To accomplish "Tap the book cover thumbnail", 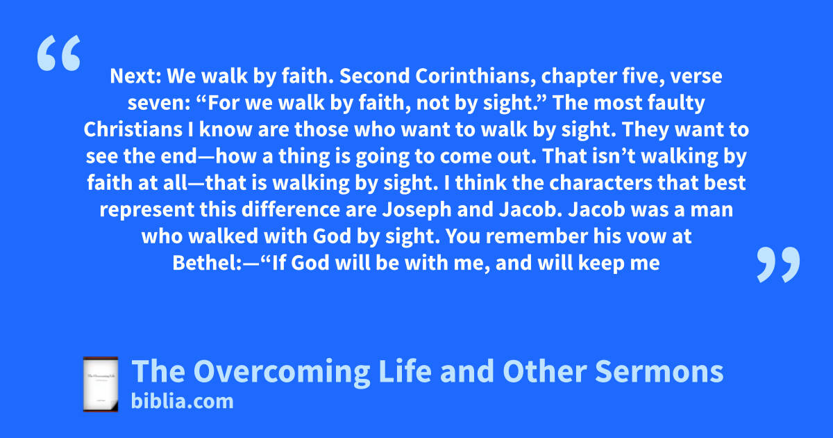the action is pyautogui.click(x=101, y=384).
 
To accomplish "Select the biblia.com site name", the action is pyautogui.click(x=182, y=402).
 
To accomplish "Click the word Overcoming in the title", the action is pyautogui.click(x=282, y=372).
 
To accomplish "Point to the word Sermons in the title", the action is pyautogui.click(x=659, y=372).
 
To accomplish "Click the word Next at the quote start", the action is pyautogui.click(x=135, y=76).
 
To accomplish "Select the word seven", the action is pyautogui.click(x=159, y=104).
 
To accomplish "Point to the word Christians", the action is pyautogui.click(x=133, y=129).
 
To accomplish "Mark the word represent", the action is pyautogui.click(x=146, y=210).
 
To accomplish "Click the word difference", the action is pyautogui.click(x=291, y=209).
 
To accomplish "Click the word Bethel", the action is pyautogui.click(x=204, y=263).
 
